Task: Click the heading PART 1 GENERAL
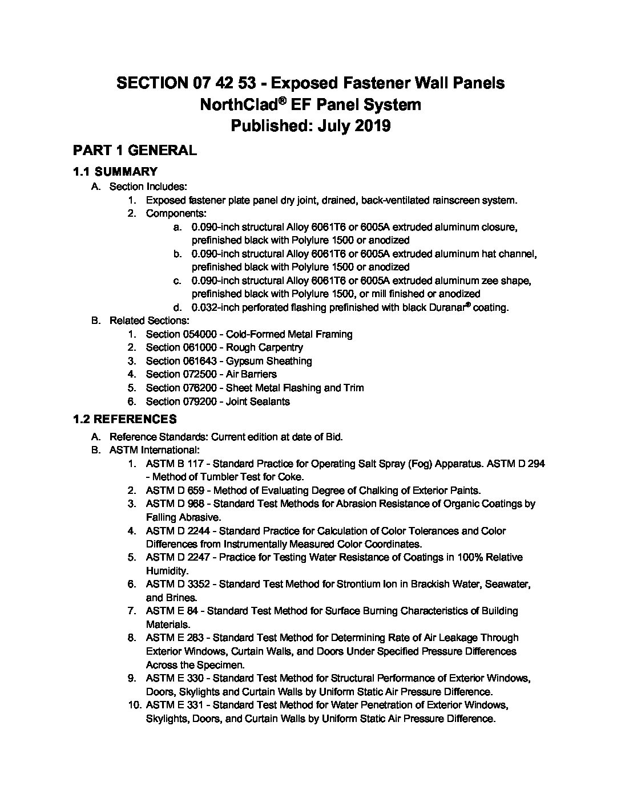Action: tap(135, 151)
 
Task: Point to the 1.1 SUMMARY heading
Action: tap(115, 172)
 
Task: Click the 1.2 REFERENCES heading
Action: tap(124, 420)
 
